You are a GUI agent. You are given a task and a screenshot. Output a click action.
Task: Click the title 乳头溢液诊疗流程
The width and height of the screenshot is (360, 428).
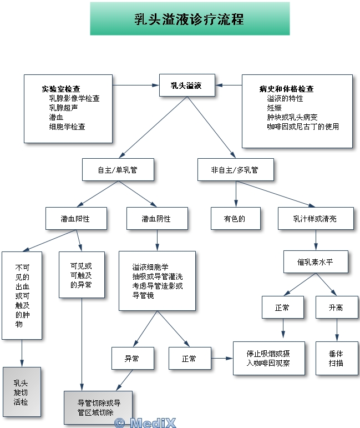pos(189,19)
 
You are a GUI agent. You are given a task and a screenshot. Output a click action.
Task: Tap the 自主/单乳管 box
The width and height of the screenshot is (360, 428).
pos(118,170)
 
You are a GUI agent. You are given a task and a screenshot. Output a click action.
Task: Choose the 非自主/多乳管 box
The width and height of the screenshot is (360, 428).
pos(235,170)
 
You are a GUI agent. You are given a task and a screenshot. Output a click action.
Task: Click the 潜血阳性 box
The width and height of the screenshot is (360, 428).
pos(75,219)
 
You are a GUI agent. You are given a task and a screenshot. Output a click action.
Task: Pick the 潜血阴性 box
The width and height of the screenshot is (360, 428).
pos(156,219)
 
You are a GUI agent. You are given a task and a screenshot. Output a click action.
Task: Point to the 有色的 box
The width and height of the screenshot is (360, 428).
pos(235,219)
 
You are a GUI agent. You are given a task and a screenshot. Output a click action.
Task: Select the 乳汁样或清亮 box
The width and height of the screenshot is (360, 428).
pos(315,219)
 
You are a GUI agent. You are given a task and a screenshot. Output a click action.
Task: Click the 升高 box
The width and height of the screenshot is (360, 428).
pos(336,307)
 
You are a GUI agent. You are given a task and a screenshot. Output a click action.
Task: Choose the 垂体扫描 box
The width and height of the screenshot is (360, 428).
pos(336,359)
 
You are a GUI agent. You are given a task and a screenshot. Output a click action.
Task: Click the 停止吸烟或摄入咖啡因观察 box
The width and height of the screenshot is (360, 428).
pos(268,359)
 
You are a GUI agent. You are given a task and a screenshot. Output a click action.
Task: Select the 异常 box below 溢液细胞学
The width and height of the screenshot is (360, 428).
pos(132,359)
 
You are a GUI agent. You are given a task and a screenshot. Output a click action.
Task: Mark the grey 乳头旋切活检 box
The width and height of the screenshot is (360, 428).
pos(22,391)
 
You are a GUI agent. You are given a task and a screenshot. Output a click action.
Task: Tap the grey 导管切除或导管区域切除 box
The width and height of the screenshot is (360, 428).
pos(99,408)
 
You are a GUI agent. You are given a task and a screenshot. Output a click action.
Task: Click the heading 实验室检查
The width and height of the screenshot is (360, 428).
pos(60,89)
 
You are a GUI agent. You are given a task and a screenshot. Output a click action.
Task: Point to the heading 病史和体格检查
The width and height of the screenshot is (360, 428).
pos(286,89)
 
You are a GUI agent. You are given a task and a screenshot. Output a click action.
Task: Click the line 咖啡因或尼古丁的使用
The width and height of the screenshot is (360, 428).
pos(302,127)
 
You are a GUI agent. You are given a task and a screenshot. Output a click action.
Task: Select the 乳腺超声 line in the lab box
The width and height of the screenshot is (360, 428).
pos(63,108)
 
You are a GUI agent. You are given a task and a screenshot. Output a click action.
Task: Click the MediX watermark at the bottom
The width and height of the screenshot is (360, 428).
pos(145,422)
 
